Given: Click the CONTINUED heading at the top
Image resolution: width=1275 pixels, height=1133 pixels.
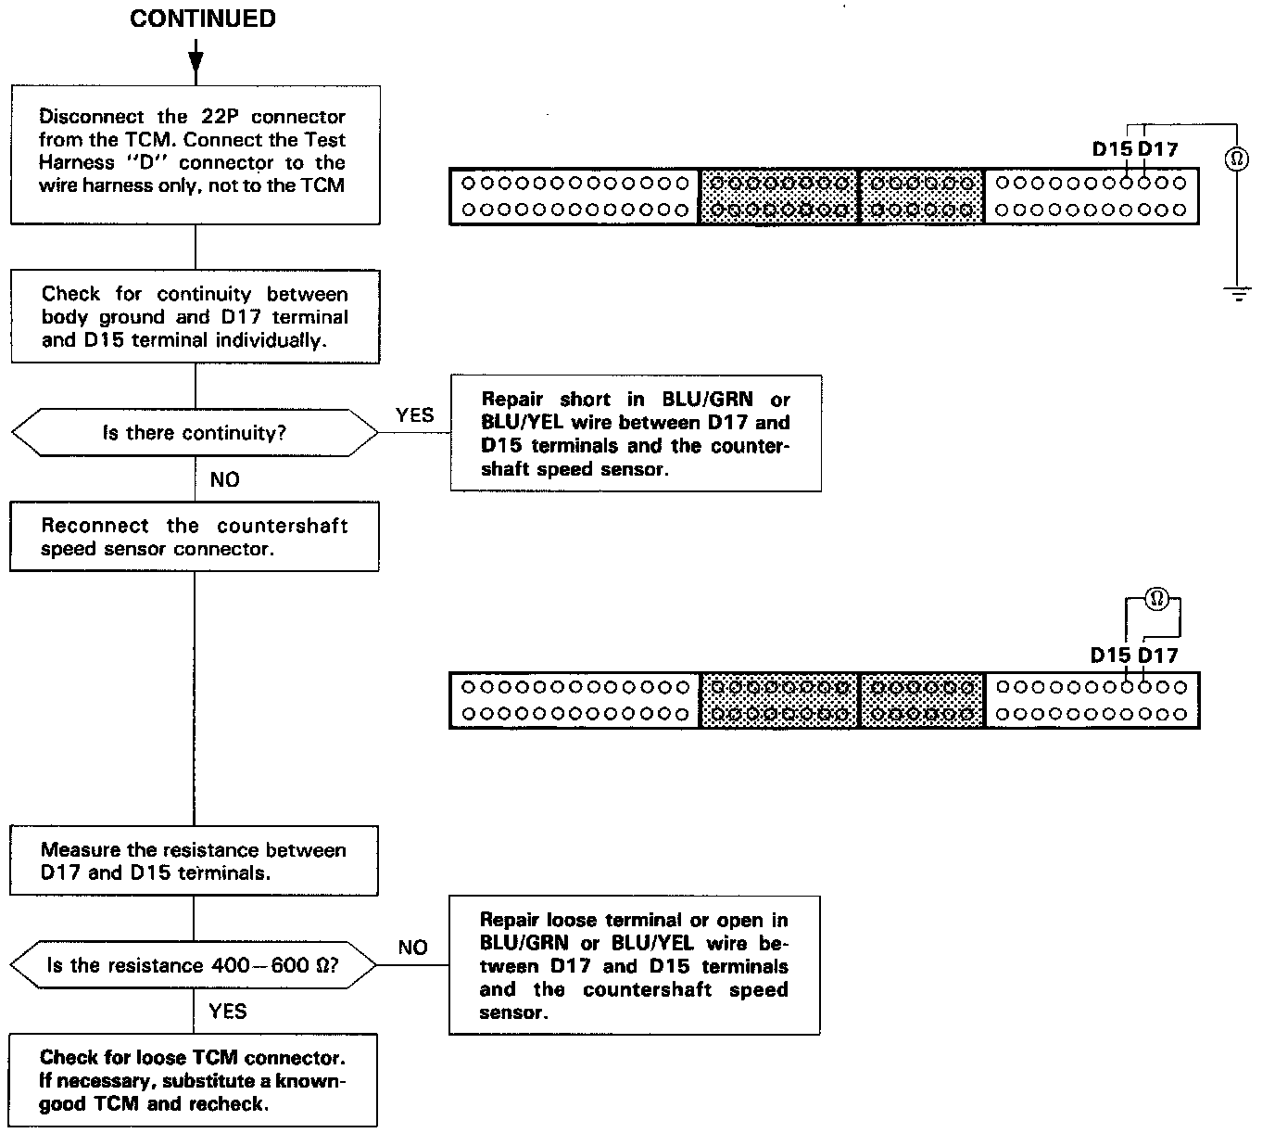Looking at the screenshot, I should pos(202,19).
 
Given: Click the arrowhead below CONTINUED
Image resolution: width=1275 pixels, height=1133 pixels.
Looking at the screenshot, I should pos(195,63).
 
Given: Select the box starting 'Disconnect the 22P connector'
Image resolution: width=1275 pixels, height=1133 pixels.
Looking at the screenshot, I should pos(195,153).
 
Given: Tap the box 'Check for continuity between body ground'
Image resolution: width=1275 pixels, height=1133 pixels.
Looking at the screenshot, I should pos(195,316).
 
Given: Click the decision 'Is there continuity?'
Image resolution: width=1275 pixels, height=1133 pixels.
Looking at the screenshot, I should pos(195,433).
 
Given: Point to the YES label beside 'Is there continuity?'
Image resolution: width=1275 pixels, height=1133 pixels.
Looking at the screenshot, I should pos(414,414).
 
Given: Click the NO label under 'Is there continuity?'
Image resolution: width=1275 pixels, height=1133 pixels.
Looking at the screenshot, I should pos(224,479).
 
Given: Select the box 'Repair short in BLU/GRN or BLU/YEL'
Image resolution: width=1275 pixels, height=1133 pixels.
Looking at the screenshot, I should pos(636,433).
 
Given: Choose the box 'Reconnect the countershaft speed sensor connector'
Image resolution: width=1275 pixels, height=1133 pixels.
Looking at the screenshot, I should pos(195,537).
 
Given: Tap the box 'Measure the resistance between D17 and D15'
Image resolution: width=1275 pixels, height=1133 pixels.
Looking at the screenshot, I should pos(194,860).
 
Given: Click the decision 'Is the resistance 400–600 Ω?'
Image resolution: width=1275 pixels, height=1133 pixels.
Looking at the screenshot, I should pos(194,965).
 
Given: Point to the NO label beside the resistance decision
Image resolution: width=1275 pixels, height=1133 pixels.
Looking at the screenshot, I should pos(412,947).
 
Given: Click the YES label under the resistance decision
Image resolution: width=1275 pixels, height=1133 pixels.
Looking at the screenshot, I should pos(228,1011).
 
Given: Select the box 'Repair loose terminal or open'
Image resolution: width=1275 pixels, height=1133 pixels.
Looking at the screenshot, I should pos(634,965).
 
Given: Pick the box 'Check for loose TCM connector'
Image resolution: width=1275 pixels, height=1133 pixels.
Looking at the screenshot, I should pos(194,1080).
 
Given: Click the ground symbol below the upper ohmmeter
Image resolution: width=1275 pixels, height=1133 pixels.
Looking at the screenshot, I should pos(1236,294).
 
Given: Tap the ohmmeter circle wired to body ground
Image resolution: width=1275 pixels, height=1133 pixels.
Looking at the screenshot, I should pos(1236,159).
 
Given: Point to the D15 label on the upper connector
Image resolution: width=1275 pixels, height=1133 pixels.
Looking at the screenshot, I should pos(1111,148).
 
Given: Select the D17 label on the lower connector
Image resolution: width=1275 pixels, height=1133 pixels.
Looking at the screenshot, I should pos(1158,656).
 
